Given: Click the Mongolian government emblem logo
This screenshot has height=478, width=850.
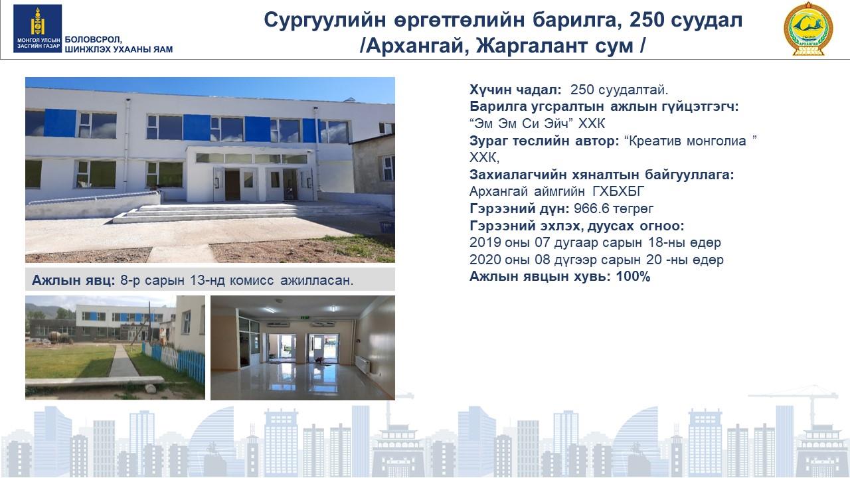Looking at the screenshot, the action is pyautogui.click(x=38, y=29).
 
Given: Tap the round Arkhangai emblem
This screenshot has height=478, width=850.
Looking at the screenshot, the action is pyautogui.click(x=808, y=29).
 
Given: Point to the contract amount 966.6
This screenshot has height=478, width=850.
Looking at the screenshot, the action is pyautogui.click(x=589, y=208).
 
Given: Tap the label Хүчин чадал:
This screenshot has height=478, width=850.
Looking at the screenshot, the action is pyautogui.click(x=515, y=90).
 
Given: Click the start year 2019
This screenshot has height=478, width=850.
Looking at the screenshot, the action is pyautogui.click(x=483, y=242).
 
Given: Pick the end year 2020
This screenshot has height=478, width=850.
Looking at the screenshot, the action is pyautogui.click(x=483, y=260).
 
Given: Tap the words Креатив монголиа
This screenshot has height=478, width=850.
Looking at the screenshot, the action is pyautogui.click(x=688, y=141).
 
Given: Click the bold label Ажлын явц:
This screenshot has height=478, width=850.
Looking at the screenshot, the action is pyautogui.click(x=74, y=280).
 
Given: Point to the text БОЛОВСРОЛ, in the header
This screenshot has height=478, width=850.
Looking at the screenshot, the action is pyautogui.click(x=94, y=40).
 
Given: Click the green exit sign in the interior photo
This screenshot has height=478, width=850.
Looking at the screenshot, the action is pyautogui.click(x=305, y=317).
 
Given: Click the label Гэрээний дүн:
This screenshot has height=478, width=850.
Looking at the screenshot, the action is pyautogui.click(x=519, y=208).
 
